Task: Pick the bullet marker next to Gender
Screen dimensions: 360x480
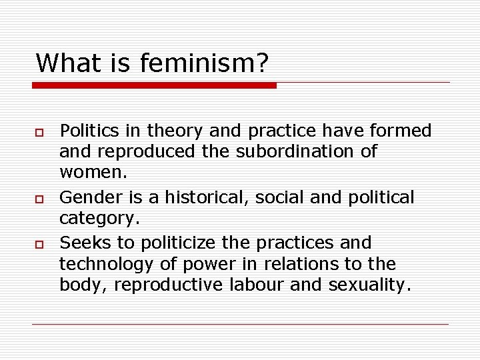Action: (39, 199)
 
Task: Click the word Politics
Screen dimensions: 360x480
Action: (88, 131)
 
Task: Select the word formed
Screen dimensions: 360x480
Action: (402, 131)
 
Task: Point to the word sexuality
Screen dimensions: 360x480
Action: (371, 285)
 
